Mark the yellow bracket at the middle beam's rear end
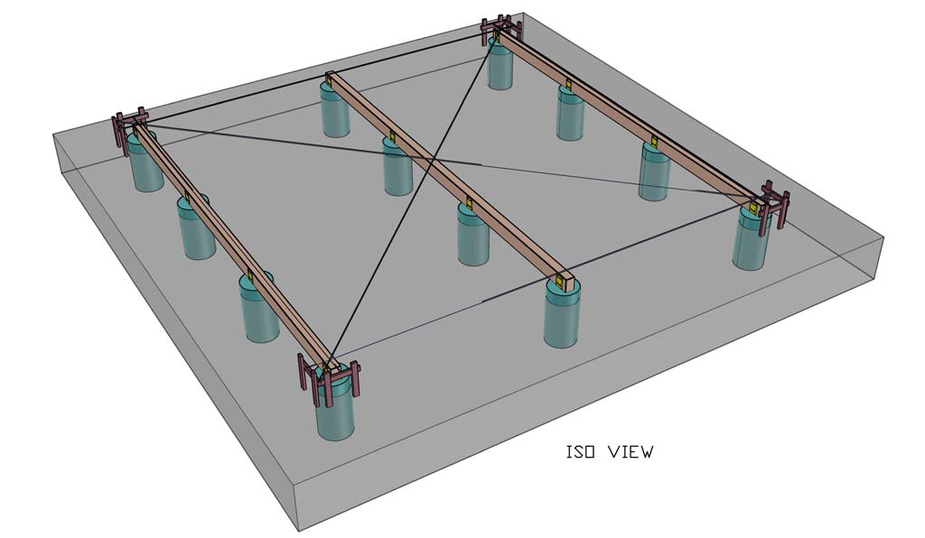click(330, 84)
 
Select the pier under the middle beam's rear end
click(335, 113)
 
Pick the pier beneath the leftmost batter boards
click(146, 163)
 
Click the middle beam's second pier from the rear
click(397, 170)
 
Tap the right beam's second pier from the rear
click(570, 116)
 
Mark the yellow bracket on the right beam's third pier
click(652, 142)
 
